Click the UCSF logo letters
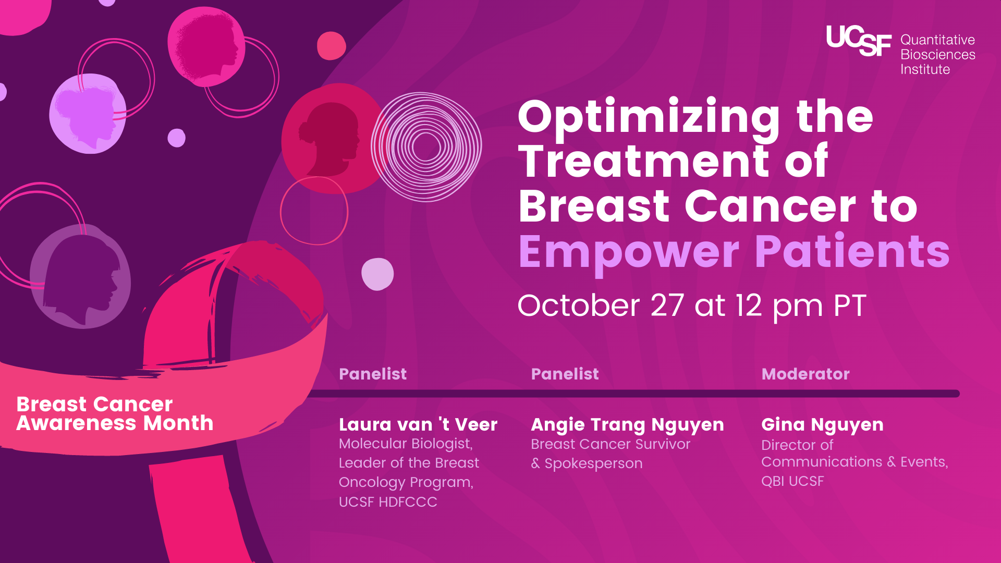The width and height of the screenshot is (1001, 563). point(858,41)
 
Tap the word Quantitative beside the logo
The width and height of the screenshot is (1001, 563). point(937,40)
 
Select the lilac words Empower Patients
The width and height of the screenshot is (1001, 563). point(734,252)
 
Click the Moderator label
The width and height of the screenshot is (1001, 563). point(805,374)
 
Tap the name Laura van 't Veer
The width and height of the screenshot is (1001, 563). point(418,424)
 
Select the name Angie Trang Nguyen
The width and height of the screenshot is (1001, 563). point(627,425)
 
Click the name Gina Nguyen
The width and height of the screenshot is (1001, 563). point(822,425)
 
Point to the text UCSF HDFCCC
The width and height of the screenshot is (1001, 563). point(388,502)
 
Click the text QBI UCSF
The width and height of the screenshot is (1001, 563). point(792,481)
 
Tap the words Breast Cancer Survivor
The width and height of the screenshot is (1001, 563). point(611,444)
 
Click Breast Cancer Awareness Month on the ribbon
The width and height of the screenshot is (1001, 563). point(115,414)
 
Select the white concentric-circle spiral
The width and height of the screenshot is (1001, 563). point(426,147)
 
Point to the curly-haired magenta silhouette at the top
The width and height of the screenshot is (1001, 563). point(206,47)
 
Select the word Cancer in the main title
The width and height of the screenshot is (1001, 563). point(770,207)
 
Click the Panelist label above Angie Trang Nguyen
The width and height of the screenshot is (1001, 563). point(565,374)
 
